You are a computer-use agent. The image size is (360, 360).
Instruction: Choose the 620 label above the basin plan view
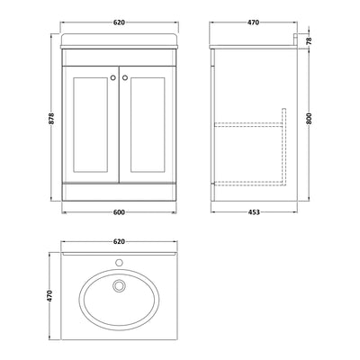119,242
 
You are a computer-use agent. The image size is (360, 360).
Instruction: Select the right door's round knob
126,77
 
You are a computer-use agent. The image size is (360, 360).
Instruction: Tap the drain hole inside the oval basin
118,286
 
